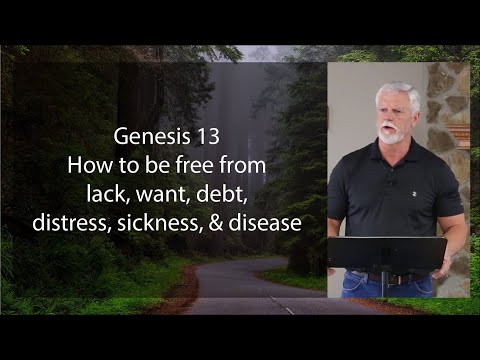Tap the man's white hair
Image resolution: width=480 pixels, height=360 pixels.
pos(398,93)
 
